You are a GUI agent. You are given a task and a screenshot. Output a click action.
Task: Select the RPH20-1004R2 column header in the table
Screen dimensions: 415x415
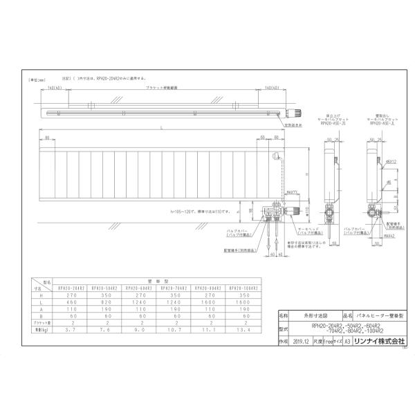[x=244, y=287]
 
